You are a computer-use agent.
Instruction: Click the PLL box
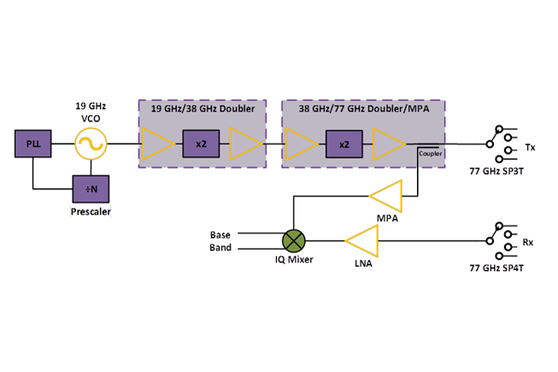pos(32,144)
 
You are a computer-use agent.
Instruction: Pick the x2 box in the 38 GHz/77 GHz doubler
pos(344,144)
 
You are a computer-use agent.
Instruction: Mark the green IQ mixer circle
pos(295,239)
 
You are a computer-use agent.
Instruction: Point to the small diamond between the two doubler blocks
pos(273,143)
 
